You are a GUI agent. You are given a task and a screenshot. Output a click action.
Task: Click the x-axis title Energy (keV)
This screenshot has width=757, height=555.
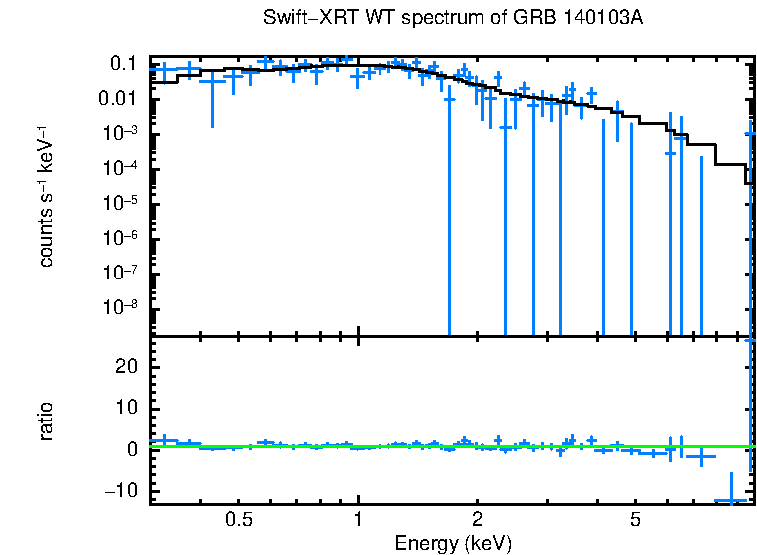453,543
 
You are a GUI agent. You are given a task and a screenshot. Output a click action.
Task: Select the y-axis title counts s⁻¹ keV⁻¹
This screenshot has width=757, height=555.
46,195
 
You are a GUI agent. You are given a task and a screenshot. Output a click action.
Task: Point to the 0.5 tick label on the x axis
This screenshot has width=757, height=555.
238,520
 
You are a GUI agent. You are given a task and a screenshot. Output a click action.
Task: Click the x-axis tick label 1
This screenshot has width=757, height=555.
358,520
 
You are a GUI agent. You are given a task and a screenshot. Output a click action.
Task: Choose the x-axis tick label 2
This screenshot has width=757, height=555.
477,520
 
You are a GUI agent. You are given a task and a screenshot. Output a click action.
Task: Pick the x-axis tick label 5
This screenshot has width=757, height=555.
635,520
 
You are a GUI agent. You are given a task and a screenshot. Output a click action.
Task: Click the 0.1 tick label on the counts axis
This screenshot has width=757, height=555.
123,64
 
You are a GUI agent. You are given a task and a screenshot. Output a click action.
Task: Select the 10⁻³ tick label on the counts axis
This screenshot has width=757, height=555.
121,133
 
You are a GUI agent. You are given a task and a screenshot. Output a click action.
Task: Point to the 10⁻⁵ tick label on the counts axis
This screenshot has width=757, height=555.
121,203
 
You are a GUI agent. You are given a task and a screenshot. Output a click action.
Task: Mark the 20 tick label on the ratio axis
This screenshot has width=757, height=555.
126,366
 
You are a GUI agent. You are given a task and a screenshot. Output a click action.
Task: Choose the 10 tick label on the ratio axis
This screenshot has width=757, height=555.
126,408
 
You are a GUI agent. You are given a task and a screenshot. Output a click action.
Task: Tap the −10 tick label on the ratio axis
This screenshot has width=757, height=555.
121,491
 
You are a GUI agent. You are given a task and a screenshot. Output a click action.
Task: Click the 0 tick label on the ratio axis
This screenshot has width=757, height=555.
131,449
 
